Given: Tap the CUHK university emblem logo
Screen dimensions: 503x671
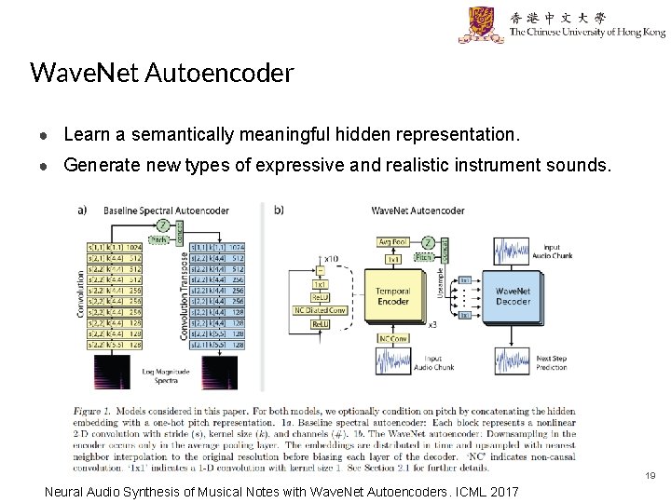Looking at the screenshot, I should click(x=481, y=25).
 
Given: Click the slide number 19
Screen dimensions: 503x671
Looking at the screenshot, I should click(x=650, y=476).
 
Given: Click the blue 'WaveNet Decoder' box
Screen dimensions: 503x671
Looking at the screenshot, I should click(x=513, y=296).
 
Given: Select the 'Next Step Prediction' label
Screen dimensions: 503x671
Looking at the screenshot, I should click(x=553, y=363).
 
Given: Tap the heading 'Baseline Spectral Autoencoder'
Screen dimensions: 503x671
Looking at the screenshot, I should click(x=152, y=211).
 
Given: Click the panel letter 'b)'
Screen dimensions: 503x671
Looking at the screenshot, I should click(x=279, y=211).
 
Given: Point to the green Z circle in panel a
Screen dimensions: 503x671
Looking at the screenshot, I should click(x=163, y=225).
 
